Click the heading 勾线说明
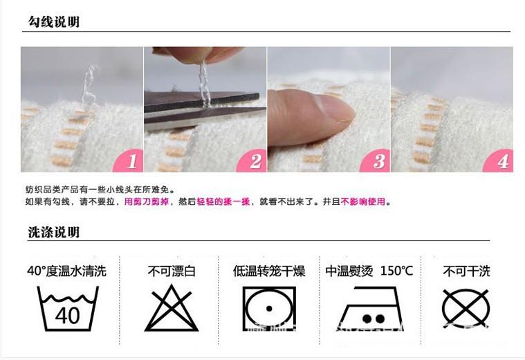pos(53,21)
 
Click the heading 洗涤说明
pos(53,231)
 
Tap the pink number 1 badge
pos(132,161)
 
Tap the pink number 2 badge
pos(255,161)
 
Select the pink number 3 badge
pos(378,161)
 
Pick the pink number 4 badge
pos(501,161)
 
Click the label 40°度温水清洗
pos(66,271)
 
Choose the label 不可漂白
pos(171,271)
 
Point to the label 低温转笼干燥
pos(268,271)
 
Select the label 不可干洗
pos(466,271)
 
